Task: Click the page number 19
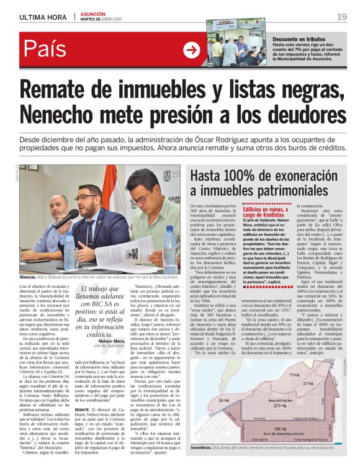pos(341,16)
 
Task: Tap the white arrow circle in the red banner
pos(191,50)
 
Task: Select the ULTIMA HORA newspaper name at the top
pos(43,17)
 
